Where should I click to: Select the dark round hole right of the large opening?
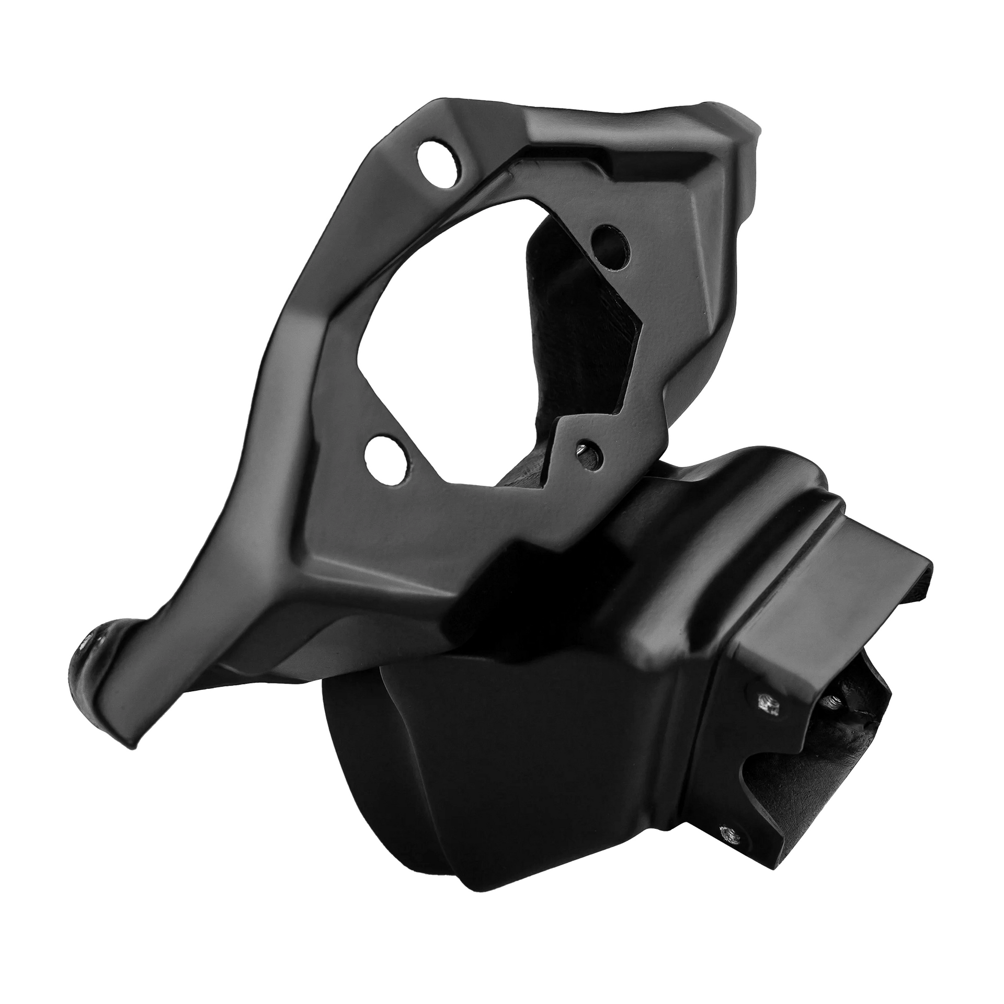pos(610,242)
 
